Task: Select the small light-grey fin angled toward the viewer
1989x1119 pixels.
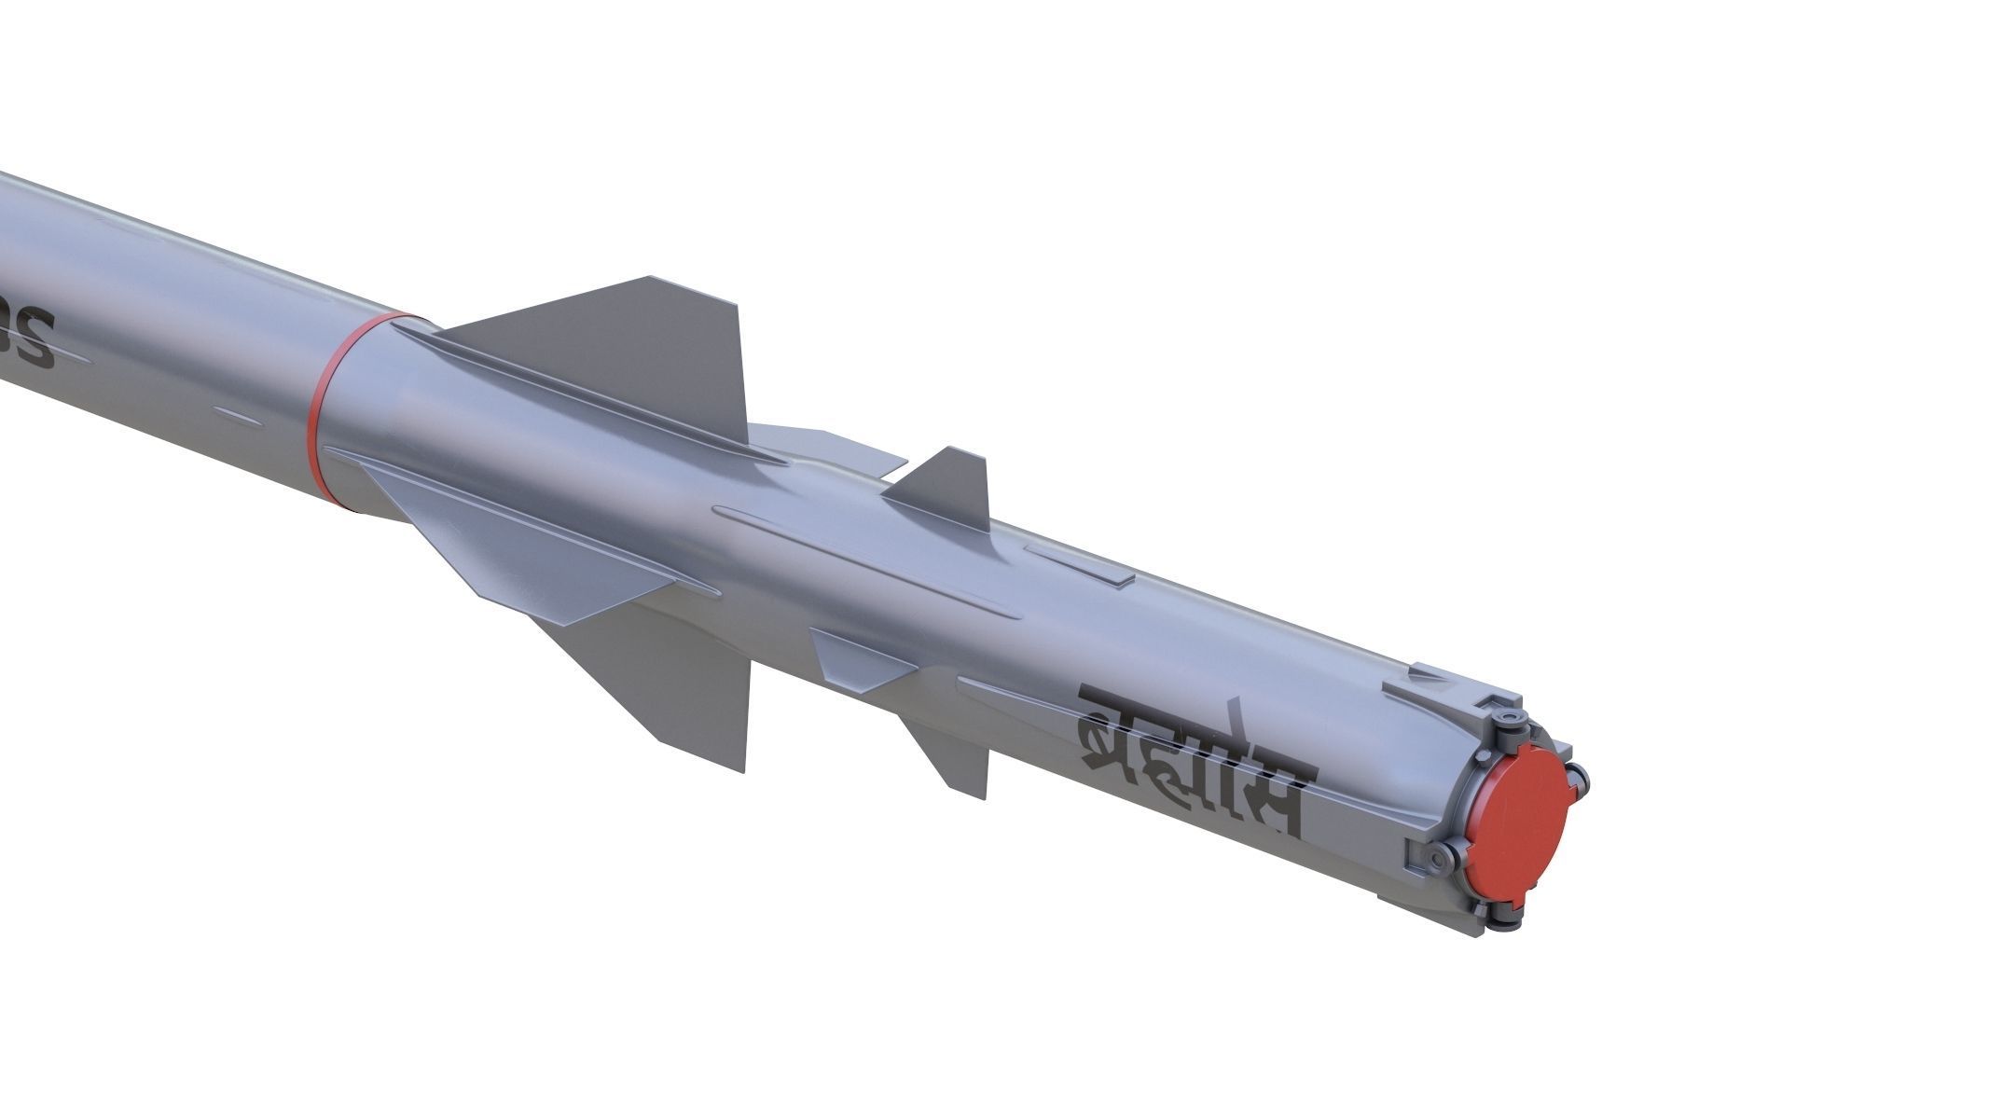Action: pyautogui.click(x=858, y=656)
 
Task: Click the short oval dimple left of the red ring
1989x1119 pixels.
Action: pyautogui.click(x=239, y=413)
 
